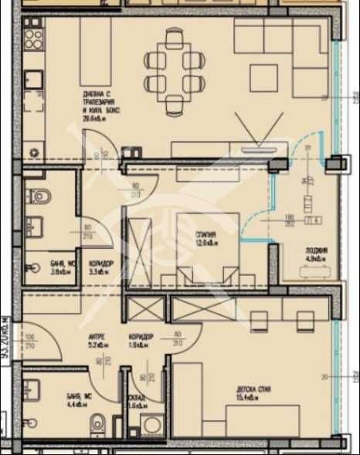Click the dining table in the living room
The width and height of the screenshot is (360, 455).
[x=175, y=69]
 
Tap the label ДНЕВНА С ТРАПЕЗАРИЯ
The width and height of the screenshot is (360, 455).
[x=100, y=101]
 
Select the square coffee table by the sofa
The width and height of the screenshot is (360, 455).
[x=263, y=76]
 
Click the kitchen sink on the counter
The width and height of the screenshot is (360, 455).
[x=32, y=79]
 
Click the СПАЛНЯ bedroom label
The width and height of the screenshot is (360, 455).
[x=205, y=235]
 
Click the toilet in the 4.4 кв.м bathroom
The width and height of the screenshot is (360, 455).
[x=98, y=423]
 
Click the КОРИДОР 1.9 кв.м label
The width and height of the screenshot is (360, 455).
[x=142, y=341]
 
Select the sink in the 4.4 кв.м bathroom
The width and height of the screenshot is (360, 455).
[x=31, y=423]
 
